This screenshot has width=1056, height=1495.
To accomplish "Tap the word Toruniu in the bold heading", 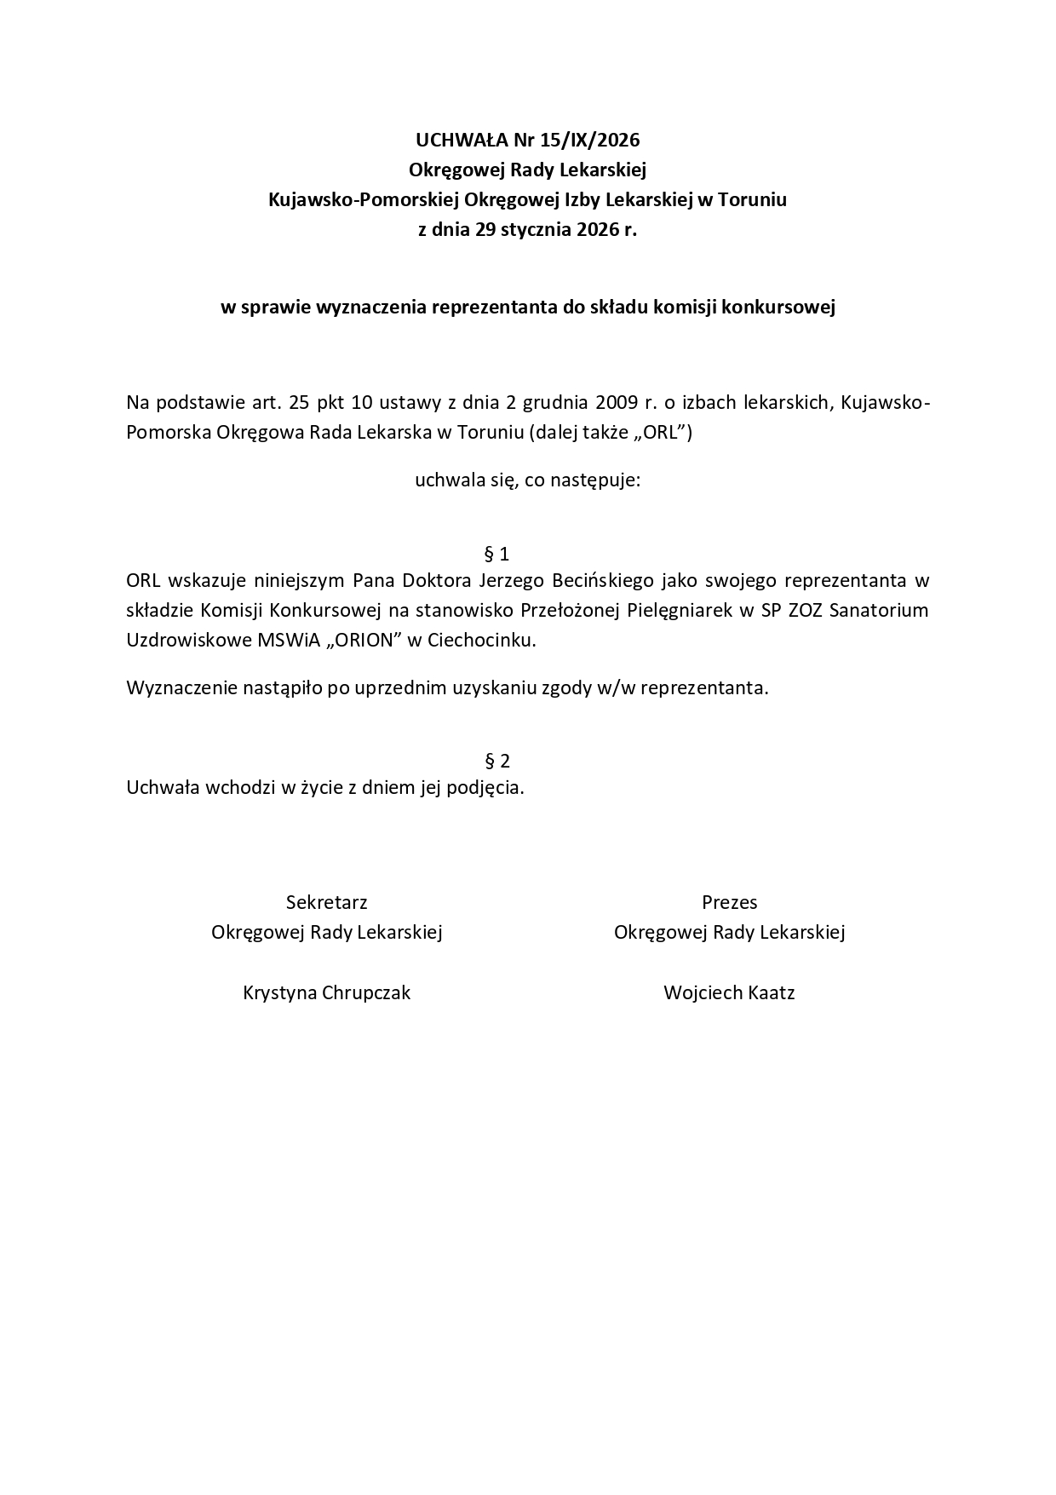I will pyautogui.click(x=753, y=200).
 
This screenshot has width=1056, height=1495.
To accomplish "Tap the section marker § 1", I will pyautogui.click(x=496, y=555).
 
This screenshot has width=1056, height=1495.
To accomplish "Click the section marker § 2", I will pyautogui.click(x=497, y=761).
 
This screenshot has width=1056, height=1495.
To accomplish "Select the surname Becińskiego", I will pyautogui.click(x=604, y=581).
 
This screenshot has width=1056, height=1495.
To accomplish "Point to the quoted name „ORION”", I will pyautogui.click(x=362, y=641).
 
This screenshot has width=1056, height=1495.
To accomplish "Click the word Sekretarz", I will pyautogui.click(x=327, y=903).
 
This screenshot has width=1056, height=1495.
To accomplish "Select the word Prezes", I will pyautogui.click(x=729, y=903).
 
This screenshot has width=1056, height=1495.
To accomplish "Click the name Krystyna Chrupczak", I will pyautogui.click(x=327, y=993).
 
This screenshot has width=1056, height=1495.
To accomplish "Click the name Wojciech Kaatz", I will pyautogui.click(x=729, y=993).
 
